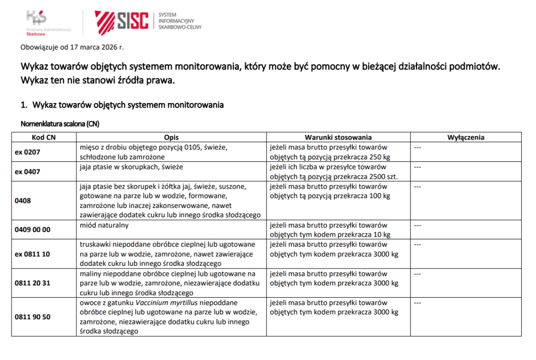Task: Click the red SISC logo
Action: [x=121, y=20]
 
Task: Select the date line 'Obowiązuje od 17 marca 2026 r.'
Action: [x=72, y=47]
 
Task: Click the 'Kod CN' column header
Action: [x=44, y=137]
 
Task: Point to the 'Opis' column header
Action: [x=171, y=137]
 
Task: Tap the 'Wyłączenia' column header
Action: [x=465, y=137]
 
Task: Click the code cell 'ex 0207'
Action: [x=27, y=152]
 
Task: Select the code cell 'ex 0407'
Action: [x=27, y=171]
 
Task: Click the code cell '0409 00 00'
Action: [x=32, y=229]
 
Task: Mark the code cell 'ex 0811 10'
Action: [x=32, y=254]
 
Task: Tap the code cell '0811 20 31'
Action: [x=32, y=283]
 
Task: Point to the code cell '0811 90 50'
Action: [x=32, y=317]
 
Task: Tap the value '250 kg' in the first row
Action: [x=380, y=157]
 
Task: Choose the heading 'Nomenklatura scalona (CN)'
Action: [x=60, y=124]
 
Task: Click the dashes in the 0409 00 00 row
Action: [x=418, y=225]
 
